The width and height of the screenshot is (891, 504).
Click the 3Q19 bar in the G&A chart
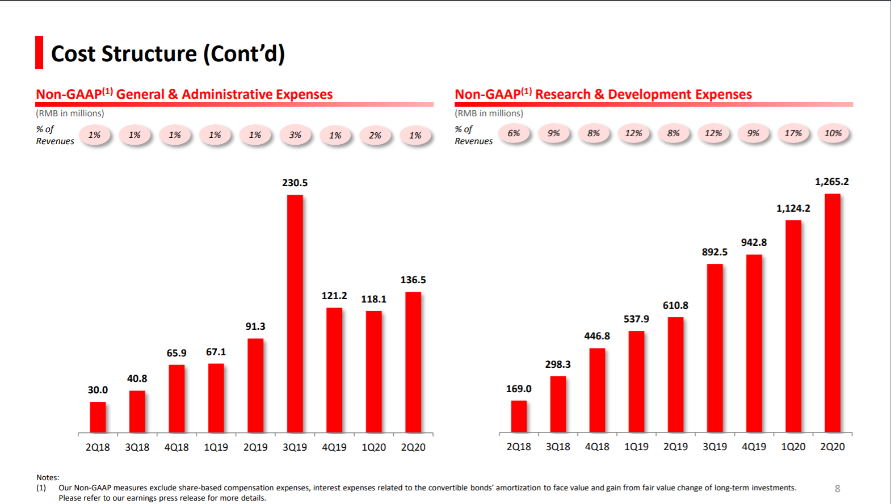tap(295, 313)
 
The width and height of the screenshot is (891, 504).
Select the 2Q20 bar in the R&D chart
tap(833, 313)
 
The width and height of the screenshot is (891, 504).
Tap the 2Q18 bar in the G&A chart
tap(98, 417)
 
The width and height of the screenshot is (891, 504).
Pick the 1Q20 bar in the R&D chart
tap(793, 326)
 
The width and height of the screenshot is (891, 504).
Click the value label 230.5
tap(295, 183)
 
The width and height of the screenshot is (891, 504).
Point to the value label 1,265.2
tap(832, 182)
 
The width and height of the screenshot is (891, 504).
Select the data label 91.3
tap(255, 326)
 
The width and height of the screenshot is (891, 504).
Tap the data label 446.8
tap(597, 336)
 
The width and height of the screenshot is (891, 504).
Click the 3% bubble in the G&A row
tap(295, 135)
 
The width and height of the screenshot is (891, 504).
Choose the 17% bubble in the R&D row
tap(793, 133)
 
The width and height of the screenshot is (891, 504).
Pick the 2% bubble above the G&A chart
tap(375, 136)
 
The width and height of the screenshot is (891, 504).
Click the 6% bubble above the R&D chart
tap(514, 133)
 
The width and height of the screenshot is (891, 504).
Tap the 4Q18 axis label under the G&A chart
tap(176, 447)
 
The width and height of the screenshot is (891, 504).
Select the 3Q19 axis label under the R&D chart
tap(715, 447)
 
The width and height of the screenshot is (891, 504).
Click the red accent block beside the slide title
tap(39, 53)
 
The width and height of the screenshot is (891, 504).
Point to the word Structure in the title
tap(149, 54)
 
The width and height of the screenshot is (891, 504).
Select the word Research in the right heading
tap(562, 94)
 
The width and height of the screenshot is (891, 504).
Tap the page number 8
tap(837, 489)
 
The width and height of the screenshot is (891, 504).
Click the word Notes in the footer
tap(47, 477)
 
